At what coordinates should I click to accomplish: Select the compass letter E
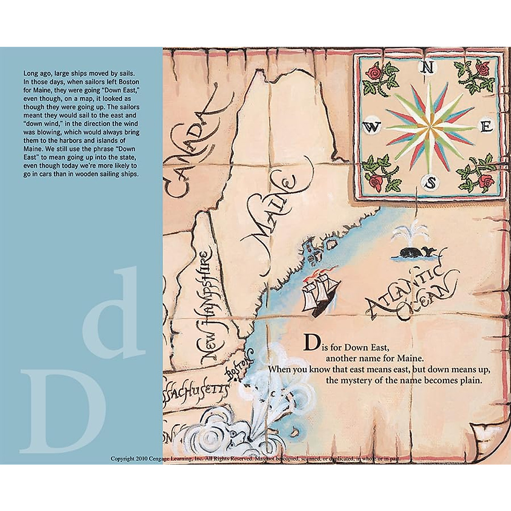coord(487,127)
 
